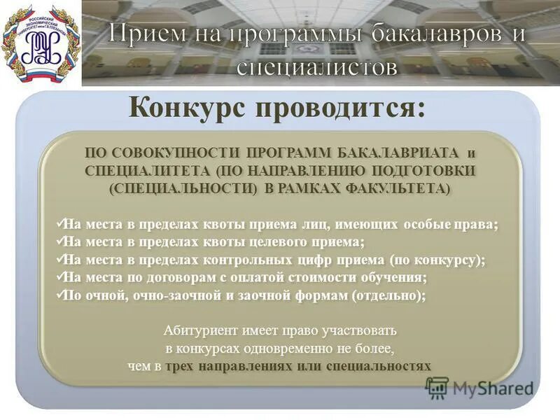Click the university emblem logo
tap(40, 43)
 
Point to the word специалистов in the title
tap(318, 66)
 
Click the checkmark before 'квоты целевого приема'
tap(59, 241)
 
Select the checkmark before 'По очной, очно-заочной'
tap(59, 295)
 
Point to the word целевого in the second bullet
tap(279, 241)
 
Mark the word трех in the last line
tap(181, 366)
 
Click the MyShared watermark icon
tap(437, 387)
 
